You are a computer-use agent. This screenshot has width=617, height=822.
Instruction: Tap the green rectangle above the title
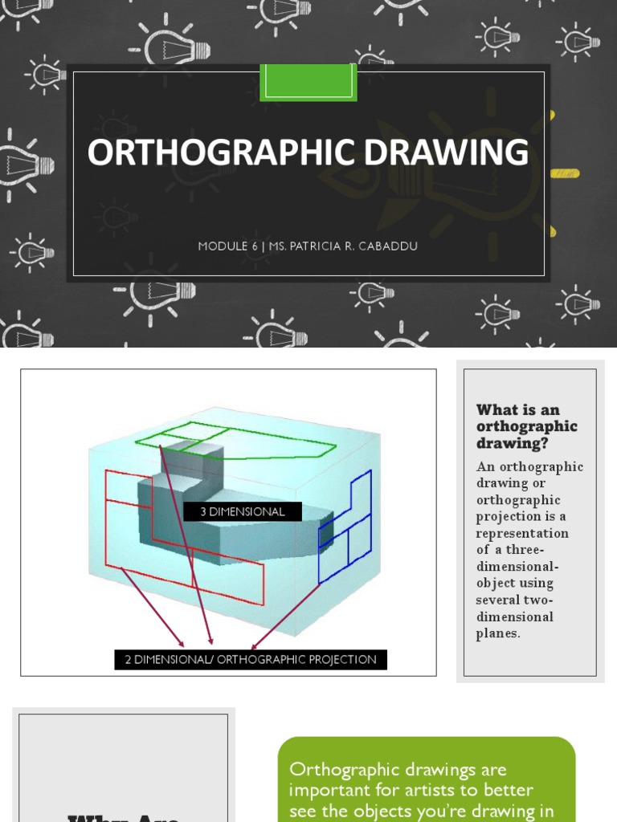tap(308, 82)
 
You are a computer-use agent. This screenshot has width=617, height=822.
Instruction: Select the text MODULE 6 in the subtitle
tap(223, 246)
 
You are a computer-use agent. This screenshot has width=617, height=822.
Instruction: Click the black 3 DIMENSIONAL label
tap(243, 511)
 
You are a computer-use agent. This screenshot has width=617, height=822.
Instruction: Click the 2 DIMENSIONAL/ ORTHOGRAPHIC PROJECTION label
tap(251, 660)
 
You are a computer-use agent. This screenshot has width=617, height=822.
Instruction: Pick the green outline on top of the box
tap(241, 437)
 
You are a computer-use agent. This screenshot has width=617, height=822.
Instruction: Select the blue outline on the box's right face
tap(347, 530)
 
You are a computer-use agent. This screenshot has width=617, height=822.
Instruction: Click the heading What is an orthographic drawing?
tap(526, 426)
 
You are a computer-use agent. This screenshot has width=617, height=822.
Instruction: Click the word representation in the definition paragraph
tap(522, 533)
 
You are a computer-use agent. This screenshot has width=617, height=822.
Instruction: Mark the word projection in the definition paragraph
tap(512, 516)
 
